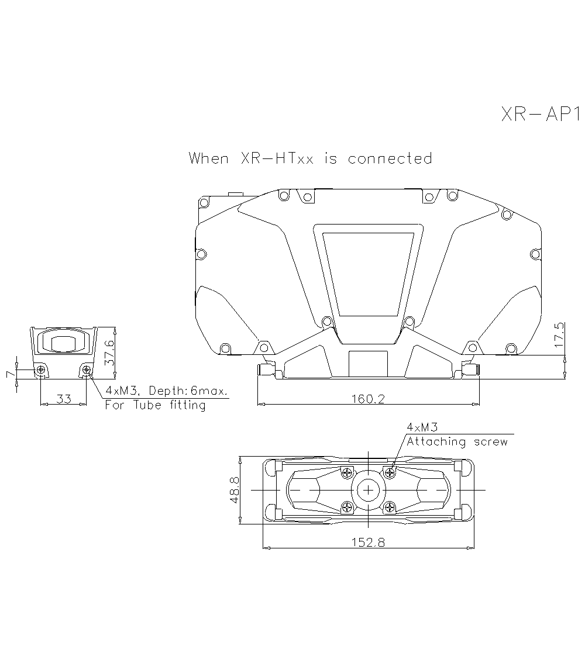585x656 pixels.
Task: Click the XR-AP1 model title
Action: click(x=540, y=113)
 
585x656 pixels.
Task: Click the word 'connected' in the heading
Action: click(x=390, y=158)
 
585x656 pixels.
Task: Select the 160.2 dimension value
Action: click(x=368, y=399)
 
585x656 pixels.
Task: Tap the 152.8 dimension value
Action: click(x=368, y=542)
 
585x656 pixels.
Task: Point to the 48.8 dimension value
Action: click(x=234, y=489)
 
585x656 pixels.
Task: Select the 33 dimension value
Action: click(x=63, y=399)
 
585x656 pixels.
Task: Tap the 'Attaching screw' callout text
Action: click(x=457, y=442)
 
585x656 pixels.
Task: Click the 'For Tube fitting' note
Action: click(x=155, y=405)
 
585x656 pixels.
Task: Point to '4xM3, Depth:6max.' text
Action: click(x=166, y=391)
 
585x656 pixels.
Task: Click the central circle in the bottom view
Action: click(x=367, y=489)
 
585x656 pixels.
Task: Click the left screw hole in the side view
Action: click(x=40, y=370)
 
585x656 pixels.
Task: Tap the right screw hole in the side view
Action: click(x=87, y=370)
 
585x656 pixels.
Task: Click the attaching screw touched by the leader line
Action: click(x=390, y=472)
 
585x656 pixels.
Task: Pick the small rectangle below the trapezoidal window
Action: click(x=367, y=363)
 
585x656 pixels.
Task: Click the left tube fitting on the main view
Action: click(x=266, y=368)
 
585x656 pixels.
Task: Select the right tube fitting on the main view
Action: click(x=470, y=368)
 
